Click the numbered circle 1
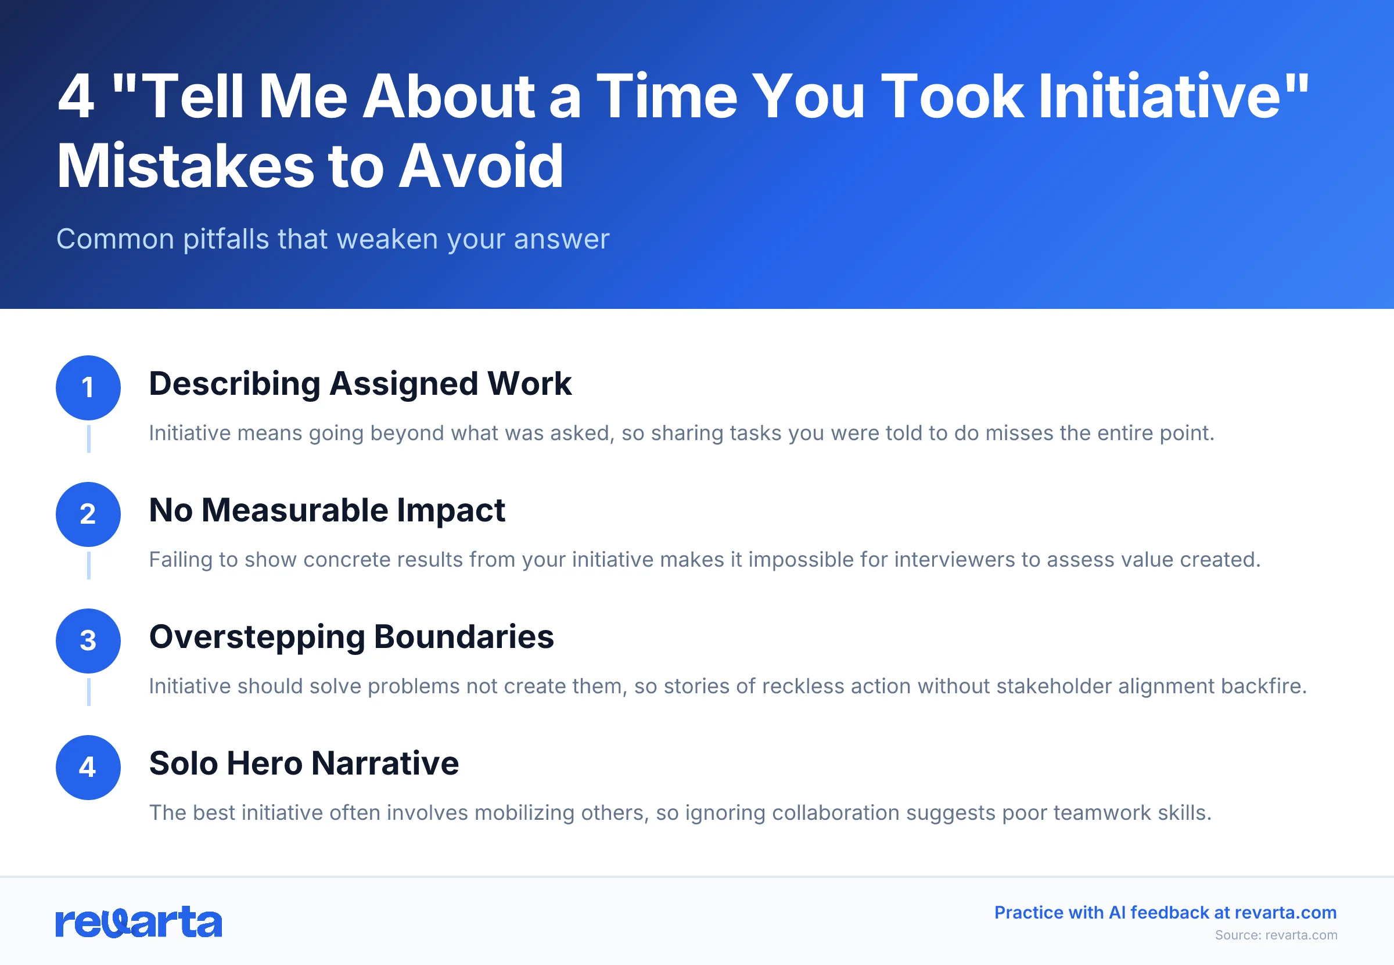tap(88, 388)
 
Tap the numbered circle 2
tap(88, 514)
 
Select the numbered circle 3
tap(88, 641)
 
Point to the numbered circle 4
tap(88, 767)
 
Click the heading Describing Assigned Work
tap(360, 384)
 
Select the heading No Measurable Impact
tap(326, 510)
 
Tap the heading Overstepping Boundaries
tap(351, 637)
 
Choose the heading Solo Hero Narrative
tap(304, 763)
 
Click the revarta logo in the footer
tap(138, 921)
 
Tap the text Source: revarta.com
tap(1276, 935)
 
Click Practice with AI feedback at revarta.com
tap(1165, 912)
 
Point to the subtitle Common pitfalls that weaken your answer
tap(333, 239)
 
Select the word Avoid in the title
tap(481, 166)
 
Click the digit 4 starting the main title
tap(76, 97)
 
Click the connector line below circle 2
tap(89, 566)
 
